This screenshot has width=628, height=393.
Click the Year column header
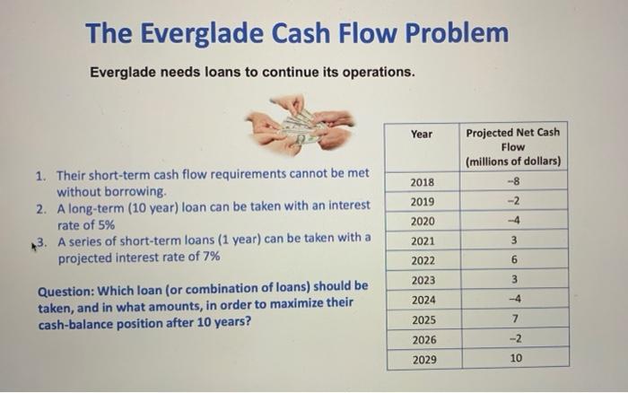point(422,135)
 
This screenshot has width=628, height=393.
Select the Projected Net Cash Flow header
point(513,146)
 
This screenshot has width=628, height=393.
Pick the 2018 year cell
point(422,183)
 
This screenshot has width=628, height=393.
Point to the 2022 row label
point(422,260)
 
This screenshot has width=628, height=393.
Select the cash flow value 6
point(513,260)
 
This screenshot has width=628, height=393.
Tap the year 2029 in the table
point(422,359)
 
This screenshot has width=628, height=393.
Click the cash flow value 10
point(513,359)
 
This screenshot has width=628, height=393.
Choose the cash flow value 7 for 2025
point(513,319)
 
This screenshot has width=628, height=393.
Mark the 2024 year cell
point(422,300)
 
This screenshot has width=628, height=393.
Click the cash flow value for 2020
point(513,222)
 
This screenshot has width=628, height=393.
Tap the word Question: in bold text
point(69,287)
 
